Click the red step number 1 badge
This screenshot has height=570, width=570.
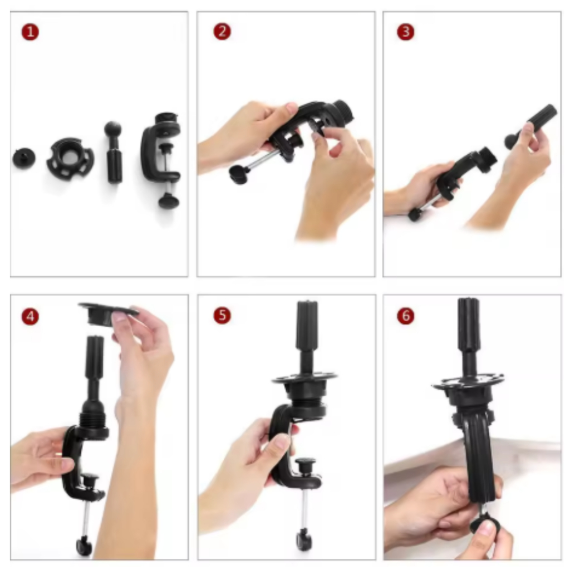pos(30,32)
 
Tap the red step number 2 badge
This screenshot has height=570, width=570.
pos(222,32)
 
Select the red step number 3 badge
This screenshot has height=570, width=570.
pos(406,32)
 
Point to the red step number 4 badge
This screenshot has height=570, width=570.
pos(30,316)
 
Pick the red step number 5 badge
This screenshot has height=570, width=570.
pos(222,316)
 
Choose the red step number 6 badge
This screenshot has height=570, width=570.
pos(406,316)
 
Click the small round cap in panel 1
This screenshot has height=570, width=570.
pos(24,158)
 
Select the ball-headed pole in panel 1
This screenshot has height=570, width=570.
pos(114,153)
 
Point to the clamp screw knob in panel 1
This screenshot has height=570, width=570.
pos(169,200)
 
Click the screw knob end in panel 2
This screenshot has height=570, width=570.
pos(239,174)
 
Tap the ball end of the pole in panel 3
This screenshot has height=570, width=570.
pos(512,141)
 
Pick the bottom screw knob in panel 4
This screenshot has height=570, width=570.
pos(84,546)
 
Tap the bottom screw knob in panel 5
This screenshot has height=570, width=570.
pos(304,540)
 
